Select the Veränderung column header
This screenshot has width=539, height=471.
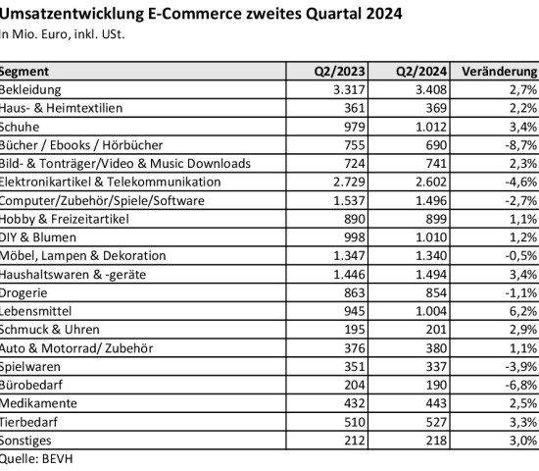(x=506, y=72)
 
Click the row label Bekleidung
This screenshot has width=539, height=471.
(x=30, y=89)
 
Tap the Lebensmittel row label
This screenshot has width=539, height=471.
(x=34, y=311)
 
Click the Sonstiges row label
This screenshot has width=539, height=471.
(x=27, y=441)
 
